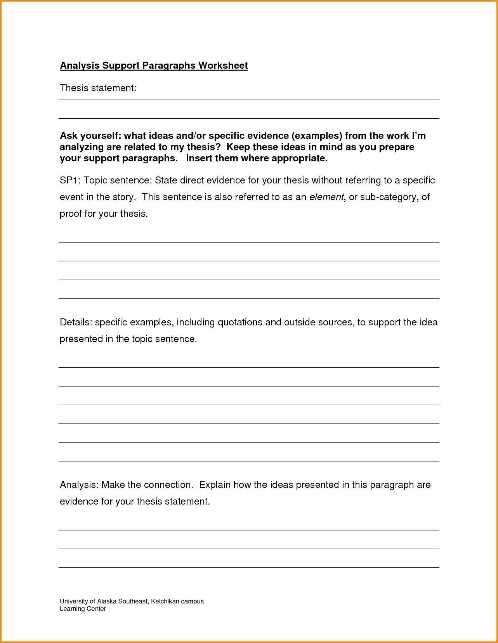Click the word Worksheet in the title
223,65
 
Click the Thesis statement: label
98,88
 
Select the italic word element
326,197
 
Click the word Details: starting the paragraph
76,322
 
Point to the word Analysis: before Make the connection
79,485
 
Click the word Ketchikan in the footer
165,601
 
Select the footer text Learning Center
83,608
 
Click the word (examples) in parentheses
317,136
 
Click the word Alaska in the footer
107,601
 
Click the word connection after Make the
168,485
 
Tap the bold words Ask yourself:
90,136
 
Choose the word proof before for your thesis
70,214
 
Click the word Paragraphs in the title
169,65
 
